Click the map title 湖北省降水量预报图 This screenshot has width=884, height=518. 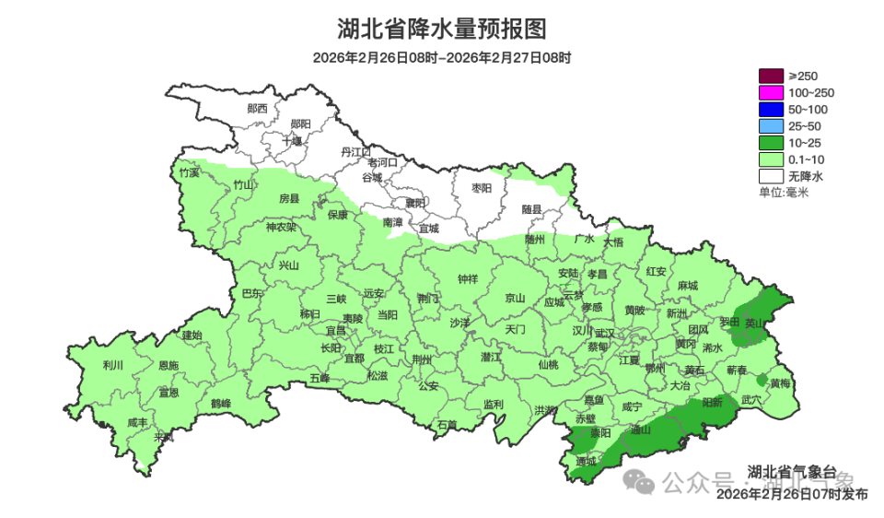(442, 29)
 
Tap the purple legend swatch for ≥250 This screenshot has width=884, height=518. (771, 77)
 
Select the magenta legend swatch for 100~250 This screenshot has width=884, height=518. (771, 93)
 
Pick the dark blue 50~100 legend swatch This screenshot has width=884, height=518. (771, 110)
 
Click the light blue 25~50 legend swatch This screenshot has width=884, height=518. (771, 126)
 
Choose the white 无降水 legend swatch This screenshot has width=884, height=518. (771, 176)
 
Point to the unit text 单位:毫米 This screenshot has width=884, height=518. (783, 193)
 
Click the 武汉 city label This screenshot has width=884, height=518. (605, 333)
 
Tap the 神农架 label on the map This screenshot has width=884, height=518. (281, 228)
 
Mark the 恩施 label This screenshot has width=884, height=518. (169, 366)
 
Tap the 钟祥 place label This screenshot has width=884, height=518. (468, 279)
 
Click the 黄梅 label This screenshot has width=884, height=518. (780, 383)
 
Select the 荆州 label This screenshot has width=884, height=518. (423, 359)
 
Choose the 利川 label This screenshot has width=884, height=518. (113, 366)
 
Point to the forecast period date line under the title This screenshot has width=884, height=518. (442, 58)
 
